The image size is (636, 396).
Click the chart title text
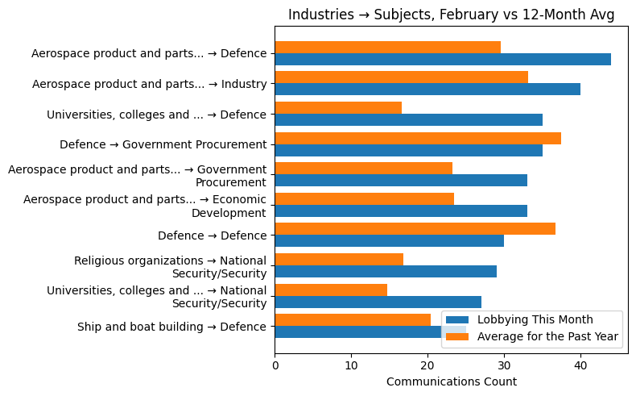click(451, 15)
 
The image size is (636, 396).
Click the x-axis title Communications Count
click(451, 381)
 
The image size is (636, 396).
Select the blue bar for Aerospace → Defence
click(442, 59)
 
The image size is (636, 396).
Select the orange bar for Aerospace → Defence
click(387, 47)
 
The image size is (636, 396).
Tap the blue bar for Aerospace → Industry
click(427, 90)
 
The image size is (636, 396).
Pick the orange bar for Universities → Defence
click(338, 107)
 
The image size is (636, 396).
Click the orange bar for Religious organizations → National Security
click(339, 259)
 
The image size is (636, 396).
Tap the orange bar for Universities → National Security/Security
click(331, 290)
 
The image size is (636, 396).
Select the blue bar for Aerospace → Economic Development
click(401, 211)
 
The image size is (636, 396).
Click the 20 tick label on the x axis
click(427, 365)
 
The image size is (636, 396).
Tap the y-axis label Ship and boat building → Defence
click(171, 327)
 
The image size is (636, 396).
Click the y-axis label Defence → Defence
click(212, 236)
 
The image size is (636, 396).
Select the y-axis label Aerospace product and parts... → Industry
click(149, 84)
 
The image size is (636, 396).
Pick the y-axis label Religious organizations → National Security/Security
click(170, 267)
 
